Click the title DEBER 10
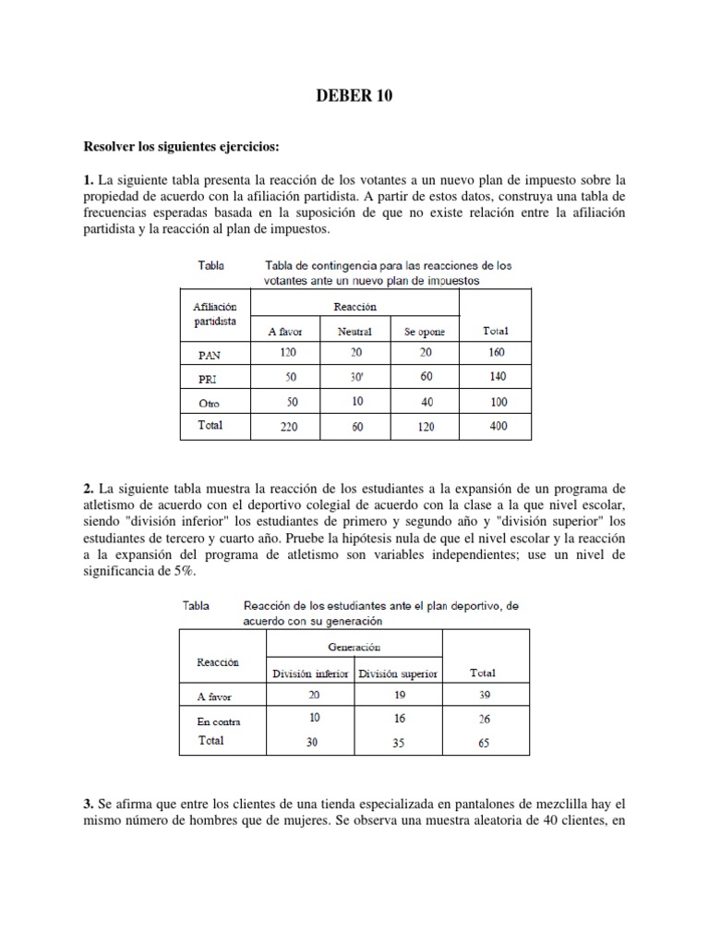[x=354, y=96]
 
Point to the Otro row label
[x=209, y=403]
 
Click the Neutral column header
[x=354, y=331]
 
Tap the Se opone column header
[x=424, y=331]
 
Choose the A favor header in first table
[x=286, y=331]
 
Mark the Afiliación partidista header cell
[x=215, y=314]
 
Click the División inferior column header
[x=309, y=673]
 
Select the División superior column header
[x=398, y=673]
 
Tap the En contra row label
[x=219, y=722]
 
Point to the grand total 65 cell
[x=484, y=741]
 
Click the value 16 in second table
[x=399, y=717]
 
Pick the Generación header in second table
[x=354, y=648]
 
